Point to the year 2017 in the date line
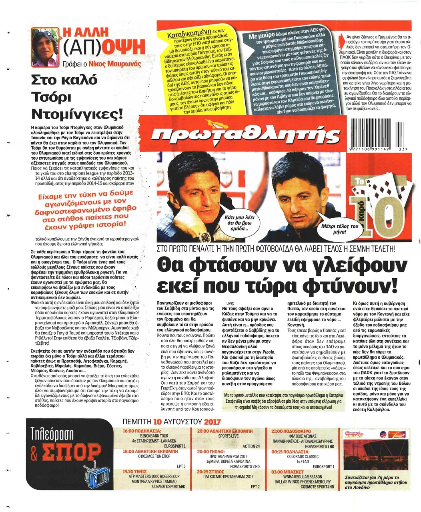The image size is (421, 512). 212,422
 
